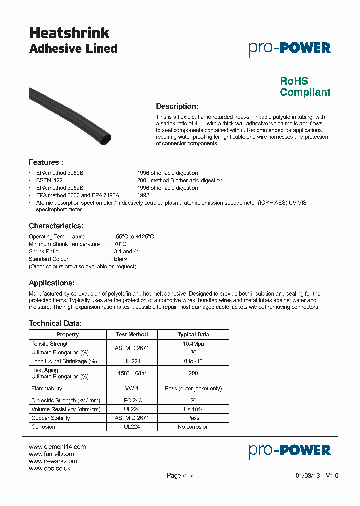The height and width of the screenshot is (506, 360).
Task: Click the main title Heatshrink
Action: click(x=69, y=33)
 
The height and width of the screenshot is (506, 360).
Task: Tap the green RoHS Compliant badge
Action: click(x=305, y=87)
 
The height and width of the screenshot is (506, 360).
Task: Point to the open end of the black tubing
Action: click(x=106, y=137)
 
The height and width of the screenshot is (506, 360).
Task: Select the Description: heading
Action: click(x=177, y=106)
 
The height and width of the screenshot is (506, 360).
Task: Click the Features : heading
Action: click(x=46, y=162)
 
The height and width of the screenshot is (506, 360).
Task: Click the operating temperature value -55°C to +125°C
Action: click(x=134, y=236)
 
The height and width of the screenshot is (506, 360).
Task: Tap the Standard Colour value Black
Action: click(x=120, y=259)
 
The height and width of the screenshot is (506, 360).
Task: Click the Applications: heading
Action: click(x=51, y=283)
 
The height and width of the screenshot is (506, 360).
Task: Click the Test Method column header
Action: click(x=132, y=334)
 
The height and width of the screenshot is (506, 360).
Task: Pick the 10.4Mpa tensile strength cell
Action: click(x=193, y=344)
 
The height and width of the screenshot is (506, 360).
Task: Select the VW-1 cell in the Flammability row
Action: click(x=132, y=388)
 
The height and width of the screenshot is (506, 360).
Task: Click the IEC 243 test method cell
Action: click(x=132, y=400)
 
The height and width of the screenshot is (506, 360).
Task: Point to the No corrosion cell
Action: click(x=193, y=427)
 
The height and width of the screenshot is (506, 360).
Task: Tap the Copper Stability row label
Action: click(x=51, y=418)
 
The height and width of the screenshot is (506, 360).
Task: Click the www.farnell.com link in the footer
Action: click(x=51, y=454)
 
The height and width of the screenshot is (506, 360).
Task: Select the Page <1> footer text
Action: click(x=180, y=476)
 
